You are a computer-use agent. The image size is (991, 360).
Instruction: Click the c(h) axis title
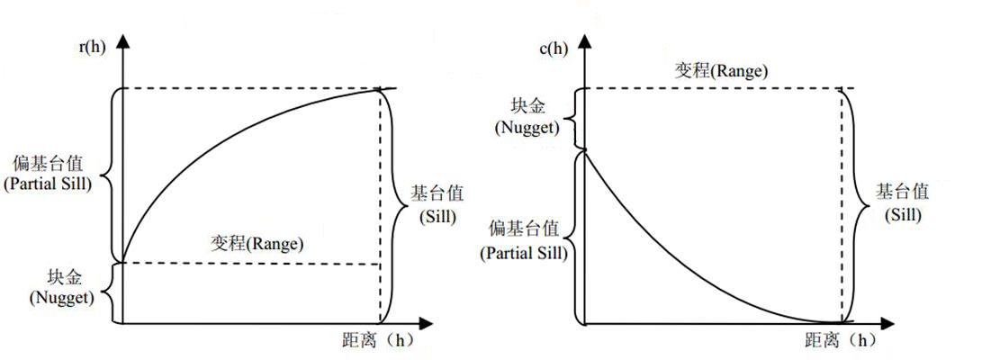553,48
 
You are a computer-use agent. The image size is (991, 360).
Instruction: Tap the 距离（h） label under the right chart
839,341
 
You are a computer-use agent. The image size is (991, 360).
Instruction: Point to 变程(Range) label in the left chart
257,244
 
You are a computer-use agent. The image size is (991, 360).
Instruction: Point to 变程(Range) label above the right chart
722,70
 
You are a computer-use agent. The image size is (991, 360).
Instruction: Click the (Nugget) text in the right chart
526,127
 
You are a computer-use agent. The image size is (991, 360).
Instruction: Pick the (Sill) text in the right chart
903,216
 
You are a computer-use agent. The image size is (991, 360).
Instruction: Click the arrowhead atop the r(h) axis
122,40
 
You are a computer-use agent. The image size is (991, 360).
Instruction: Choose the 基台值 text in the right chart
903,193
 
